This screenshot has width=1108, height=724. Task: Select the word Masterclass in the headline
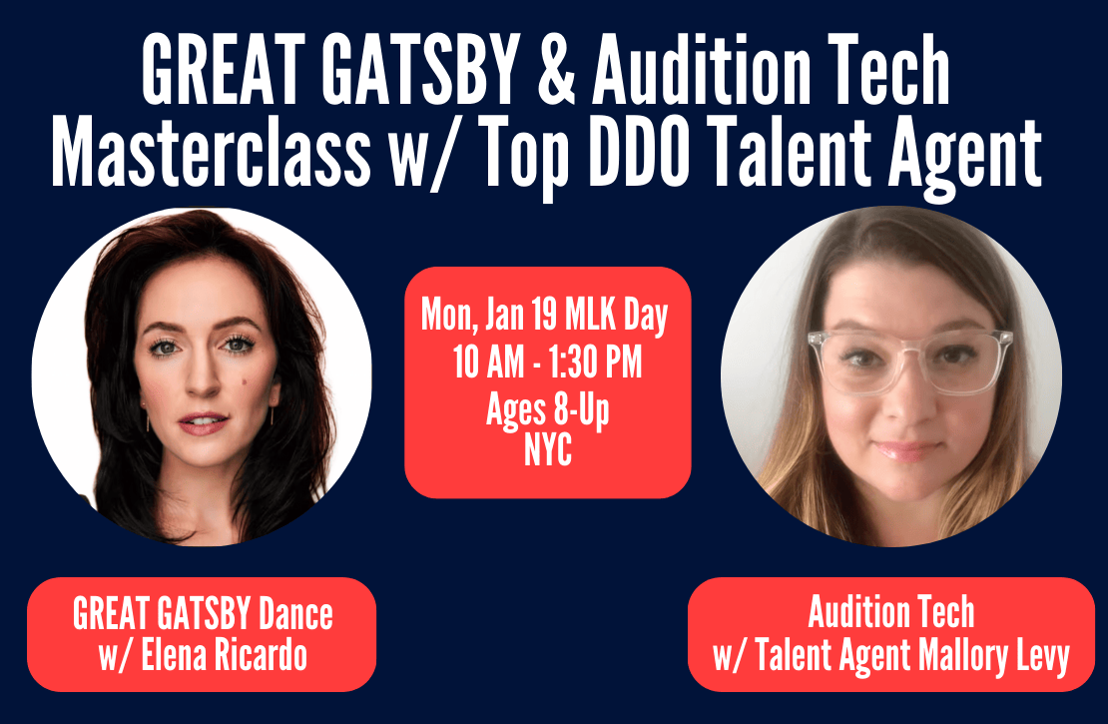(x=211, y=153)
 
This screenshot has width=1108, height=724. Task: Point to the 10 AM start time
(x=488, y=362)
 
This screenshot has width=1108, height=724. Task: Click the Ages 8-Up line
(x=548, y=410)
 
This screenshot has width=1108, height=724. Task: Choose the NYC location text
(x=548, y=451)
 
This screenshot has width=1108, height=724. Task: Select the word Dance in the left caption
(x=295, y=614)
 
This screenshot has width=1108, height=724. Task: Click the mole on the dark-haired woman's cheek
(x=246, y=382)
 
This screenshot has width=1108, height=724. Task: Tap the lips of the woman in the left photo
(x=203, y=422)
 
